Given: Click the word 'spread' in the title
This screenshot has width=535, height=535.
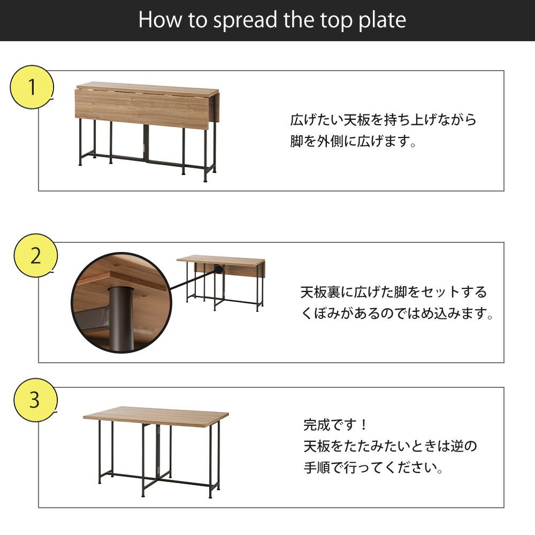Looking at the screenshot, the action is coord(245,20).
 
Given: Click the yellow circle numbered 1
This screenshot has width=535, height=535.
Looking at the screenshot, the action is coord(32,87).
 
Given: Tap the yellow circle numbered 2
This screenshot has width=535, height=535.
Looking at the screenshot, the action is coord(35,256).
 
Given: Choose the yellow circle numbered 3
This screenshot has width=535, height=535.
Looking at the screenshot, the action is coord(35,400).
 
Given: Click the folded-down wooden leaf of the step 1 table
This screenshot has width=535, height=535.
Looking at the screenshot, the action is coord(142,109).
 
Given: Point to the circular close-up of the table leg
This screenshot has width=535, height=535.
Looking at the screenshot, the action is coord(121,303).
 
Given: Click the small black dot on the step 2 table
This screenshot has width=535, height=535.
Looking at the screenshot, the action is coord(218,269).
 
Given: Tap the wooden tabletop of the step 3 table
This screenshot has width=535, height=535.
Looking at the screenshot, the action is coord(156,416).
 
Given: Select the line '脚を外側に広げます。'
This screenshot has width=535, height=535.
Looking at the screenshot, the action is coord(353,141).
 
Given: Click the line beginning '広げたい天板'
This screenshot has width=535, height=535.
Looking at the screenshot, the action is coord(383,120).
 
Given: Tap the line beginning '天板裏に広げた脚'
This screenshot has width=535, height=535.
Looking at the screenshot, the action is coord(394,292).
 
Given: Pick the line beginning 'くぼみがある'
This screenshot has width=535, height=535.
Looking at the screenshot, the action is coord(397,313).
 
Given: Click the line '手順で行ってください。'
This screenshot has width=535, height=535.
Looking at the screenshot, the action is coord(373,467).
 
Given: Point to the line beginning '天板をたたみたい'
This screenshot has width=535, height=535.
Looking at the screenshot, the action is coord(390,446).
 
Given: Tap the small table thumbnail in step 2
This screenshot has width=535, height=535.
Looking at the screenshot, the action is coord(221,283).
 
